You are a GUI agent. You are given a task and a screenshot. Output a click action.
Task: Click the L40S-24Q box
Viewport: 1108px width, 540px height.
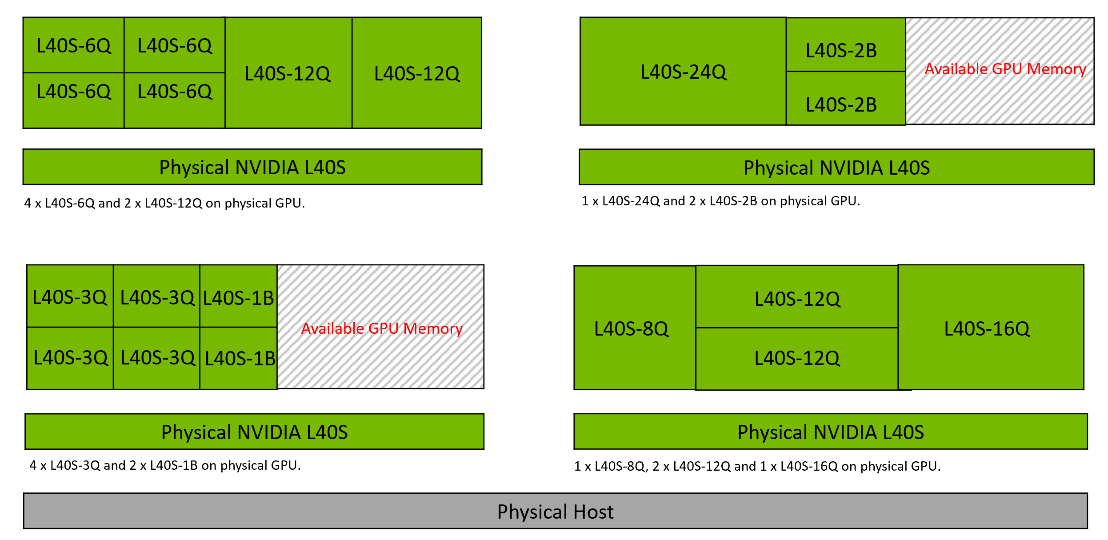coord(683,72)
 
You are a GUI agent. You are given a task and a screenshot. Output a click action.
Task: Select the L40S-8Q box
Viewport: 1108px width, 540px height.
coord(635,328)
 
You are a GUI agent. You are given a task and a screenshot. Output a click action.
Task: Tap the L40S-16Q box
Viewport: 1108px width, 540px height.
coord(990,328)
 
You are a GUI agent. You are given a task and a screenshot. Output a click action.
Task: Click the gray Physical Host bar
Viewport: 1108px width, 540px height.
coord(555,511)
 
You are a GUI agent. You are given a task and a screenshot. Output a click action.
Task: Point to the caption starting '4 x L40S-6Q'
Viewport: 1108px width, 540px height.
coord(164,203)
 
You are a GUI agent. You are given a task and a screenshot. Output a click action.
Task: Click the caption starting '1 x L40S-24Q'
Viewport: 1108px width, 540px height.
coord(721,201)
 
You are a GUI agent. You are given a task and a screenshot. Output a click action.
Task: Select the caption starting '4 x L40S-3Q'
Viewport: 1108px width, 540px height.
coord(165,465)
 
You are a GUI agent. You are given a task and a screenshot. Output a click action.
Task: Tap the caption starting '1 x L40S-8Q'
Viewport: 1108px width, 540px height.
coord(757,466)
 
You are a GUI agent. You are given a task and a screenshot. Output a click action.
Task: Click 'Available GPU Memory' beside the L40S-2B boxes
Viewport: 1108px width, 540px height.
coord(1005,69)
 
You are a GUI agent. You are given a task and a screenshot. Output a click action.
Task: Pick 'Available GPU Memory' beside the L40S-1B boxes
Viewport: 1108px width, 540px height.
coord(381,328)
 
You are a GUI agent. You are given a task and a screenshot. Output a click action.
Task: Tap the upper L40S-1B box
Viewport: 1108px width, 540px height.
coord(239,297)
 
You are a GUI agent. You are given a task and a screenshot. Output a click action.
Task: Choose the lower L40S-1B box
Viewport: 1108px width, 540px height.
coord(239,358)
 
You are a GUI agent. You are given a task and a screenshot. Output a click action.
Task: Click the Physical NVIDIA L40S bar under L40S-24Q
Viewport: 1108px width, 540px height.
coord(836,168)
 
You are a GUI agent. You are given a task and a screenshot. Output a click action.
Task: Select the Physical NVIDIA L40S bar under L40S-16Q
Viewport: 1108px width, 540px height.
coord(830,432)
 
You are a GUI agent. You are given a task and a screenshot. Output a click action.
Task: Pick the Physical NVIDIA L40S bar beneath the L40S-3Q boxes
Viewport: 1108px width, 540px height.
coord(254,432)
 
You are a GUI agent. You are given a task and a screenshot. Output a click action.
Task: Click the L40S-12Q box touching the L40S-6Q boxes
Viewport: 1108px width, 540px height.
coord(288,73)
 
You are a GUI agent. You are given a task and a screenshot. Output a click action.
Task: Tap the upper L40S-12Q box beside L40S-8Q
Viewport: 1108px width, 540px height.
coord(796,298)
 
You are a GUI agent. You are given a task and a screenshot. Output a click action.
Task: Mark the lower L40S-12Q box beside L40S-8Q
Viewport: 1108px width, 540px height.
coord(796,358)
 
